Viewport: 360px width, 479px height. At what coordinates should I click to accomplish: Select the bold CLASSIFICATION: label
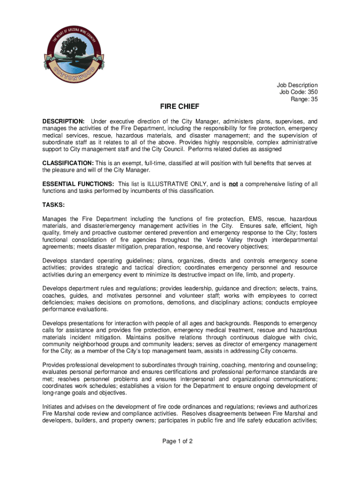click(68, 163)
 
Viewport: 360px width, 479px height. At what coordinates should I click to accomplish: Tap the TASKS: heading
click(53, 205)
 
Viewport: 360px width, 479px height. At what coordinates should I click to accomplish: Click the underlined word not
click(233, 184)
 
